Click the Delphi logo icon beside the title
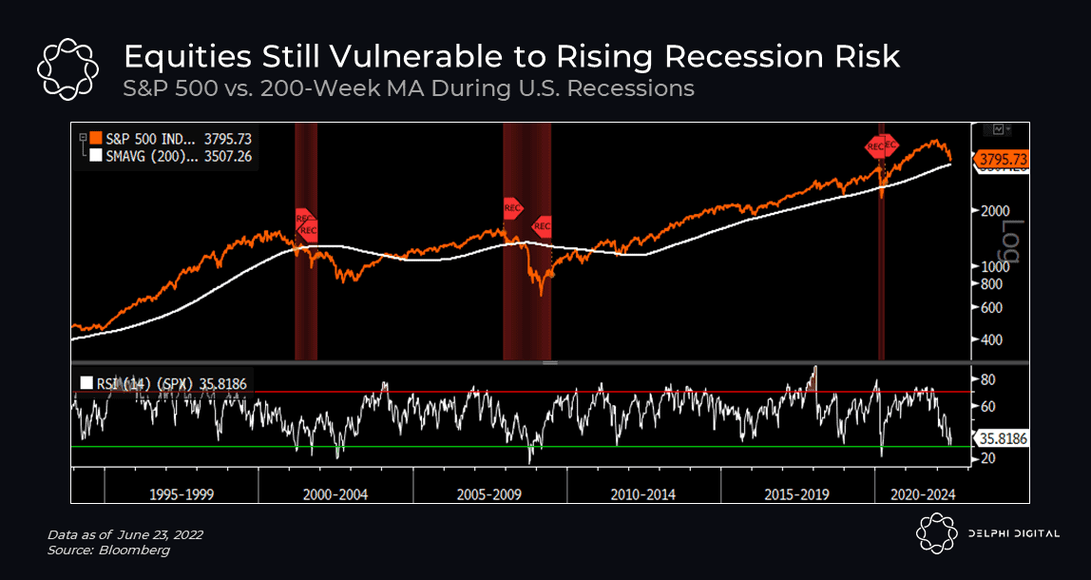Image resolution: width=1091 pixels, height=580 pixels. [x=68, y=68]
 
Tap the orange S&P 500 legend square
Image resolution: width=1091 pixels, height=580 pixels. [x=95, y=138]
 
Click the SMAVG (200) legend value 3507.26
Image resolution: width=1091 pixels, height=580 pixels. [x=228, y=155]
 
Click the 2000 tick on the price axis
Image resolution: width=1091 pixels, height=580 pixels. [x=989, y=211]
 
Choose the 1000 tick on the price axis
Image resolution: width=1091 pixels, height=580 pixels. [x=989, y=266]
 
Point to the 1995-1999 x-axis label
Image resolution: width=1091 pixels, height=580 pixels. [x=182, y=494]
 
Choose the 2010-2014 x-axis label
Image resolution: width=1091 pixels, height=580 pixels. [x=644, y=494]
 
